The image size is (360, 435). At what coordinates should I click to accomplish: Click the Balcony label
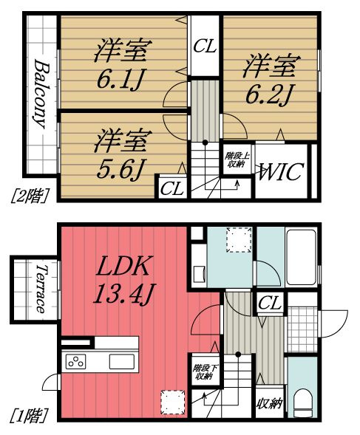(42, 95)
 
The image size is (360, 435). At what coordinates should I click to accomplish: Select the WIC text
(281, 172)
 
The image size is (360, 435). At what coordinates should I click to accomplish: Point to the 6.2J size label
(268, 95)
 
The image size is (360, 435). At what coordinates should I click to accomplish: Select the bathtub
(301, 257)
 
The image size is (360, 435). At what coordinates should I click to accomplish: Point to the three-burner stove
(75, 362)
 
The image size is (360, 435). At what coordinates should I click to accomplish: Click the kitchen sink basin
(122, 362)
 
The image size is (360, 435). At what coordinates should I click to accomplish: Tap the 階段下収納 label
(206, 372)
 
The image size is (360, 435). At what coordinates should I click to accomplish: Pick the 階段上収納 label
(237, 160)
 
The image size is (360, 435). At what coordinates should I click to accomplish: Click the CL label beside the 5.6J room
(172, 188)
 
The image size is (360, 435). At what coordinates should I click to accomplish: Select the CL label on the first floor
(270, 303)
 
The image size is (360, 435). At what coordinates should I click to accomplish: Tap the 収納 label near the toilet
(269, 403)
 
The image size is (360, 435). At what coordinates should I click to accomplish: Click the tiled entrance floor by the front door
(302, 329)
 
